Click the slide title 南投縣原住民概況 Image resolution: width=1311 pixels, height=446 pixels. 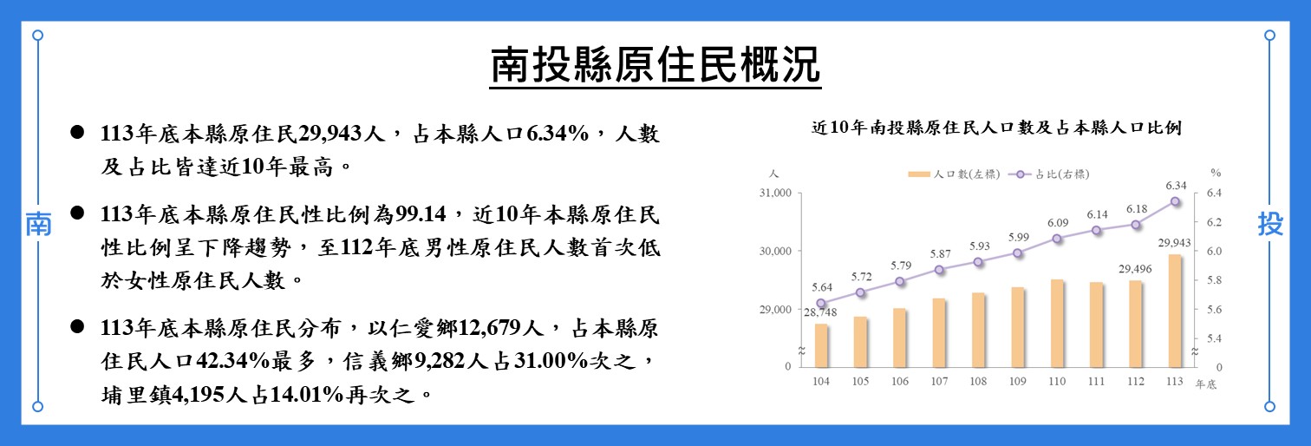655,66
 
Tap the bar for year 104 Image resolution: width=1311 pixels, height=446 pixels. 821,345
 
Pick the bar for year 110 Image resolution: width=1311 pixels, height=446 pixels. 1057,323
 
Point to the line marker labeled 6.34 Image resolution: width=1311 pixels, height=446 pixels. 1175,201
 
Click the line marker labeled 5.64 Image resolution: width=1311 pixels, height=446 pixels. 821,304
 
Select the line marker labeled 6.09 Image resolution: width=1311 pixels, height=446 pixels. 1057,239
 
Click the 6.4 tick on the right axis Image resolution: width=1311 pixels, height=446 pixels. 1213,193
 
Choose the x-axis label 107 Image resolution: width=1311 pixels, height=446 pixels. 939,381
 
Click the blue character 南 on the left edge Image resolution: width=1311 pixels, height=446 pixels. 37,224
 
